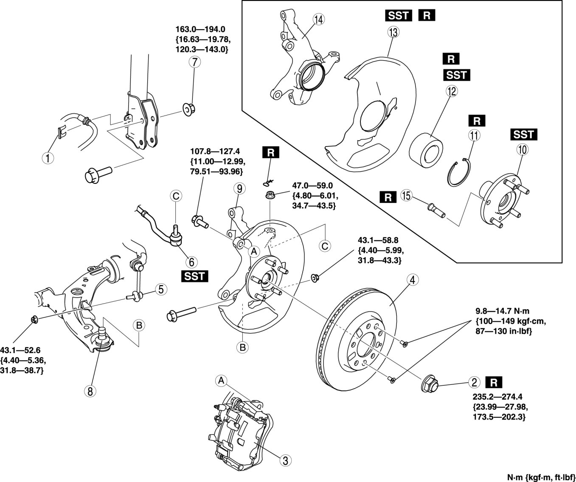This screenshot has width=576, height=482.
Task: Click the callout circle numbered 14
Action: pyautogui.click(x=319, y=20)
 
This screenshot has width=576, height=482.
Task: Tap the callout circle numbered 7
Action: pyautogui.click(x=195, y=62)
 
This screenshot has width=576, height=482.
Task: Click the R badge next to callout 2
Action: pyautogui.click(x=494, y=382)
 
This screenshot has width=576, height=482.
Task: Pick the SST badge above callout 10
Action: pyautogui.click(x=524, y=135)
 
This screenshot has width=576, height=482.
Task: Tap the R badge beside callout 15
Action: pyautogui.click(x=388, y=197)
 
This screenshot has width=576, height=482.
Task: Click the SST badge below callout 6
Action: pyautogui.click(x=195, y=276)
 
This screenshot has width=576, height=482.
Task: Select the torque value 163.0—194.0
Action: pyautogui.click(x=200, y=29)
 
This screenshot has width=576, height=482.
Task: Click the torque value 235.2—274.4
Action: pyautogui.click(x=497, y=397)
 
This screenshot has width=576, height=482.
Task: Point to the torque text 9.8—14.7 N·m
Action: pyautogui.click(x=502, y=311)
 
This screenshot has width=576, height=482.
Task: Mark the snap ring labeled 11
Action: pyautogui.click(x=459, y=172)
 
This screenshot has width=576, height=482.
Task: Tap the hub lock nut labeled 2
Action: pyautogui.click(x=430, y=383)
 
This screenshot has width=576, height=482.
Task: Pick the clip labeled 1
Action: pyautogui.click(x=61, y=131)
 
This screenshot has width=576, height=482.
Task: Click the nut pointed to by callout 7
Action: pyautogui.click(x=189, y=109)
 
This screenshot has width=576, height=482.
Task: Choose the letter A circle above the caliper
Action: pyautogui.click(x=221, y=381)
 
